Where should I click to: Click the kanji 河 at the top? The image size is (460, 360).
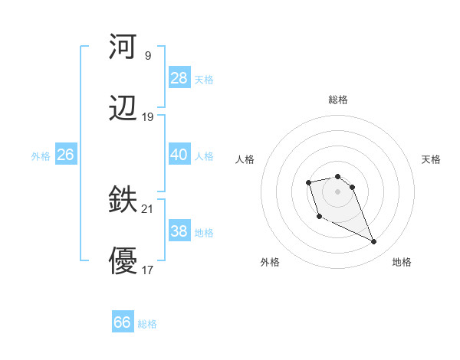tap(123, 47)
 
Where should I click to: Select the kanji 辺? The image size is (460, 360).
tap(123, 109)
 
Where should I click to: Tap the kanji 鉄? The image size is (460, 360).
tap(123, 201)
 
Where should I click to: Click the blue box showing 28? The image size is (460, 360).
tap(179, 77)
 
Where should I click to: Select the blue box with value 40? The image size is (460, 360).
tap(179, 155)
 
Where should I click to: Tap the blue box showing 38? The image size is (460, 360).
tap(179, 231)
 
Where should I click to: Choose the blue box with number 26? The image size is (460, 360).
tap(65, 155)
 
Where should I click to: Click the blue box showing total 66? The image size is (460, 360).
tap(122, 322)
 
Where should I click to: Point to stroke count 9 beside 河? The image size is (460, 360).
tap(148, 55)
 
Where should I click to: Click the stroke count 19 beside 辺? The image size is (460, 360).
tap(148, 117)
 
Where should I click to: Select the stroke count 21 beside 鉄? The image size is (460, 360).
tap(148, 209)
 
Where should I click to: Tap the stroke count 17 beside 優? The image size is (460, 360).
tap(148, 270)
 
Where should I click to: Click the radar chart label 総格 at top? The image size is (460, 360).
tap(337, 100)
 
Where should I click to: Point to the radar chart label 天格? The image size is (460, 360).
tap(431, 159)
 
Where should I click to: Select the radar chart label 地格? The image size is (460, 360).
tap(402, 262)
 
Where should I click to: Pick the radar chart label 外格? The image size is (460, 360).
tap(270, 262)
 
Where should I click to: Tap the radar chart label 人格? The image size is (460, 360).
tap(245, 159)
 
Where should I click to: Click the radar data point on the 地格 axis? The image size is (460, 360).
tap(374, 242)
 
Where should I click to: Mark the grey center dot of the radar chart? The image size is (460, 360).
tap(337, 191)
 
